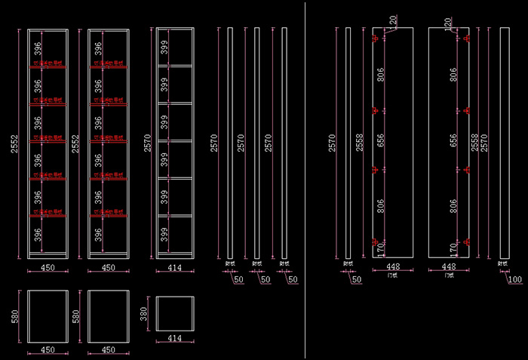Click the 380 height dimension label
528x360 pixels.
tap(144, 312)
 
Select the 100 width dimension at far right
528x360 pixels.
tap(515, 280)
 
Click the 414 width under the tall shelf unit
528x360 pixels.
tap(174, 268)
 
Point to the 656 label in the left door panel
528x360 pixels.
tap(381, 141)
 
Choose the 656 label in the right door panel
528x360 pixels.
tap(453, 141)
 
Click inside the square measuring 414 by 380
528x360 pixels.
tap(175, 312)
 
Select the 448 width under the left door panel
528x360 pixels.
tap(392, 267)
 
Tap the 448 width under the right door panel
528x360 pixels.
tap(450, 267)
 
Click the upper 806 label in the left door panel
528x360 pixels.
tap(381, 75)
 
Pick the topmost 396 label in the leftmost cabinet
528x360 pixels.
tap(35, 49)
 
